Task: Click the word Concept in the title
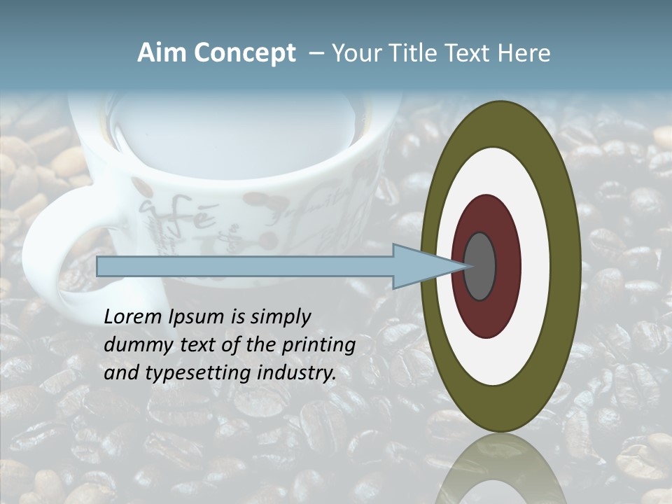pyautogui.click(x=244, y=53)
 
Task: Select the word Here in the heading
pyautogui.click(x=524, y=53)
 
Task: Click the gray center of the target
pyautogui.click(x=480, y=266)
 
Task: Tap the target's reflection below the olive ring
pyautogui.click(x=500, y=469)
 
